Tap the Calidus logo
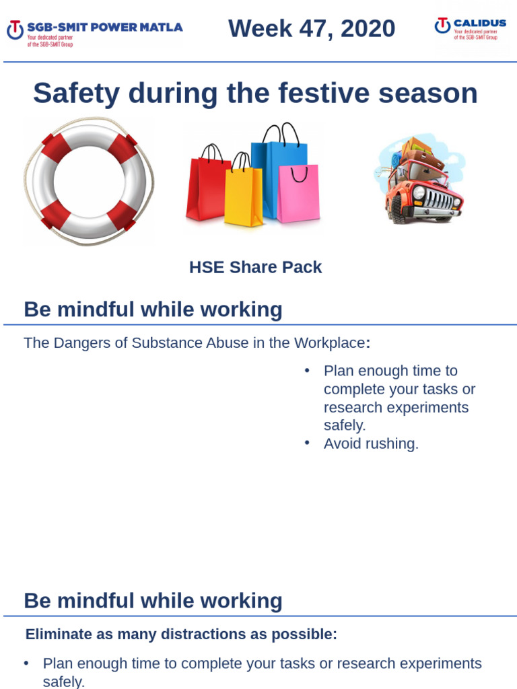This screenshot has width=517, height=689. point(470,28)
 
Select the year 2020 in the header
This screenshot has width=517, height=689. point(368,29)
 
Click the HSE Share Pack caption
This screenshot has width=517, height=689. point(255,267)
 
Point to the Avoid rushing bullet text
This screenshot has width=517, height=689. point(371,444)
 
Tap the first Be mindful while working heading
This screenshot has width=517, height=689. point(153,310)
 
